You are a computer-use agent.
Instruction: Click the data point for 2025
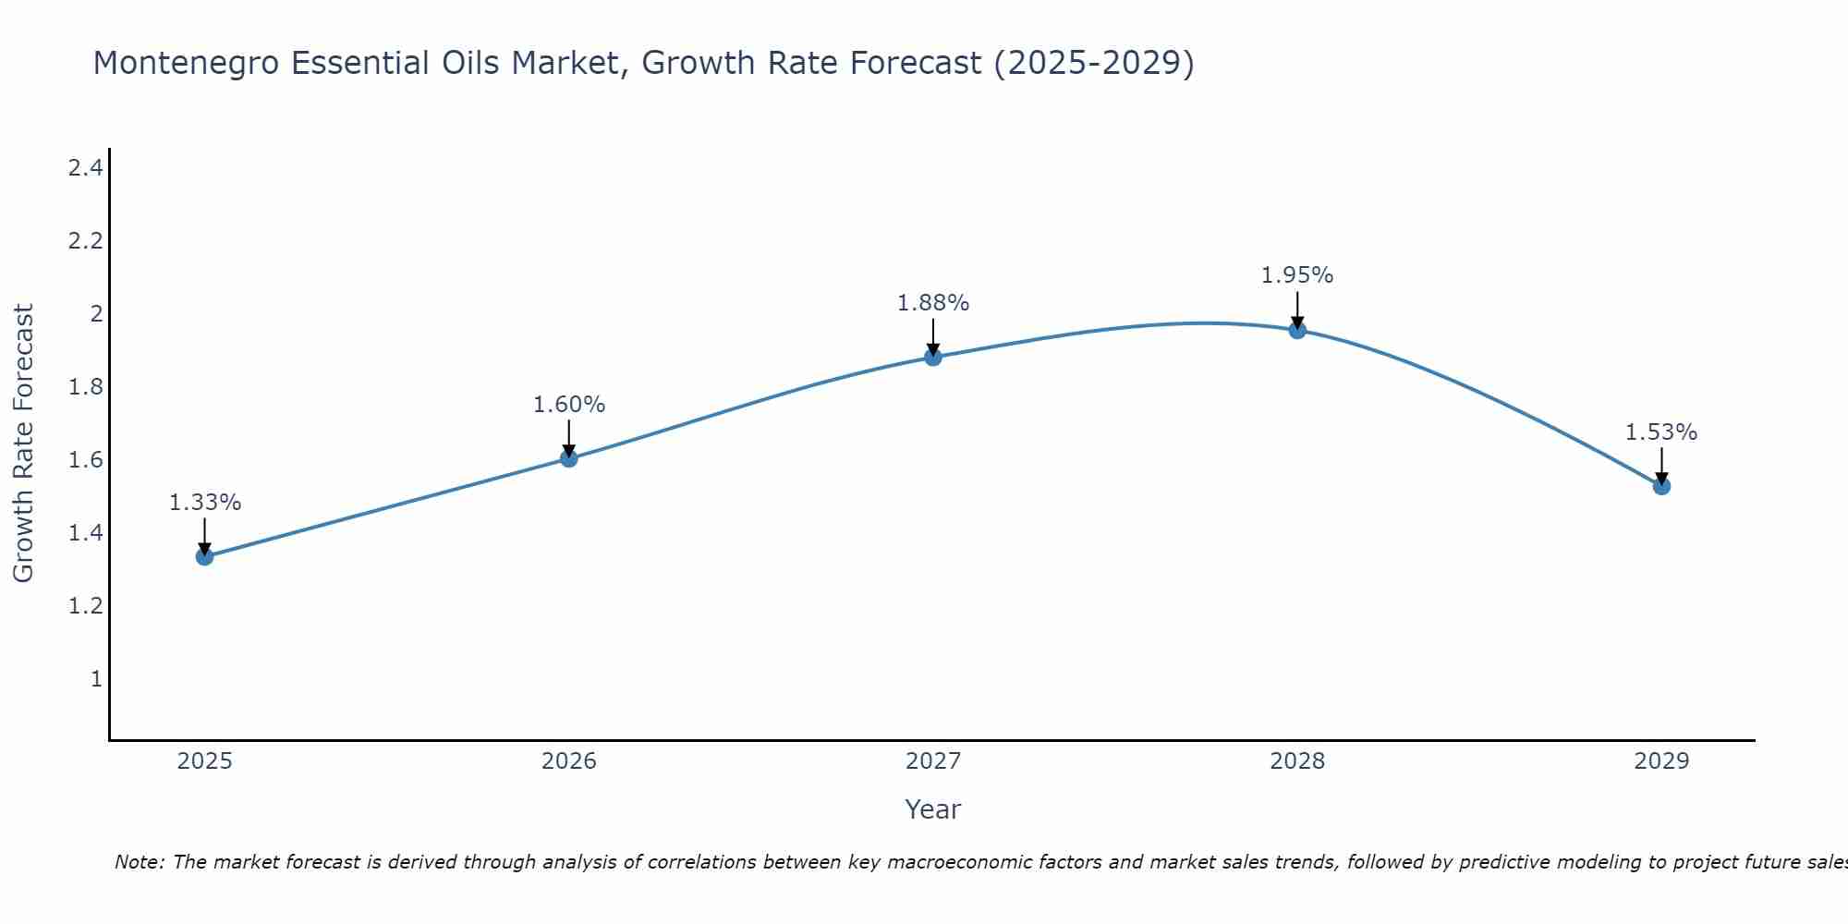click(205, 556)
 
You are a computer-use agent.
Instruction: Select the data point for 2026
click(569, 458)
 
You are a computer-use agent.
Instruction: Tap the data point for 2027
click(933, 357)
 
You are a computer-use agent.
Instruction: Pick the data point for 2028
click(1297, 330)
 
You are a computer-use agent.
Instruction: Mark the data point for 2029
click(1661, 486)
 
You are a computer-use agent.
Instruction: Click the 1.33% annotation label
click(205, 503)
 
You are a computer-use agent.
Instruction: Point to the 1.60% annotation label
click(569, 405)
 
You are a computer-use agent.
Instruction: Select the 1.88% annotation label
click(933, 303)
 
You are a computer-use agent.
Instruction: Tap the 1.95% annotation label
click(1297, 275)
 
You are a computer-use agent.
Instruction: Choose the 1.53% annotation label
click(1661, 432)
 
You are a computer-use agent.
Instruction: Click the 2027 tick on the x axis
click(933, 761)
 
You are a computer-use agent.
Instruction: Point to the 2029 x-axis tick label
click(1661, 761)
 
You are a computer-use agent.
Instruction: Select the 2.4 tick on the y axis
click(85, 168)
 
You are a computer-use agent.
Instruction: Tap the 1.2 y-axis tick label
click(85, 606)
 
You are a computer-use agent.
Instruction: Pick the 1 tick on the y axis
click(96, 679)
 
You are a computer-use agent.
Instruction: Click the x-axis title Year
click(933, 809)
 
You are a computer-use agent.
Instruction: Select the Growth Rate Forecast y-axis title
click(23, 444)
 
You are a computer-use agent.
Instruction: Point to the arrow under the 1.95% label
click(1297, 310)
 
